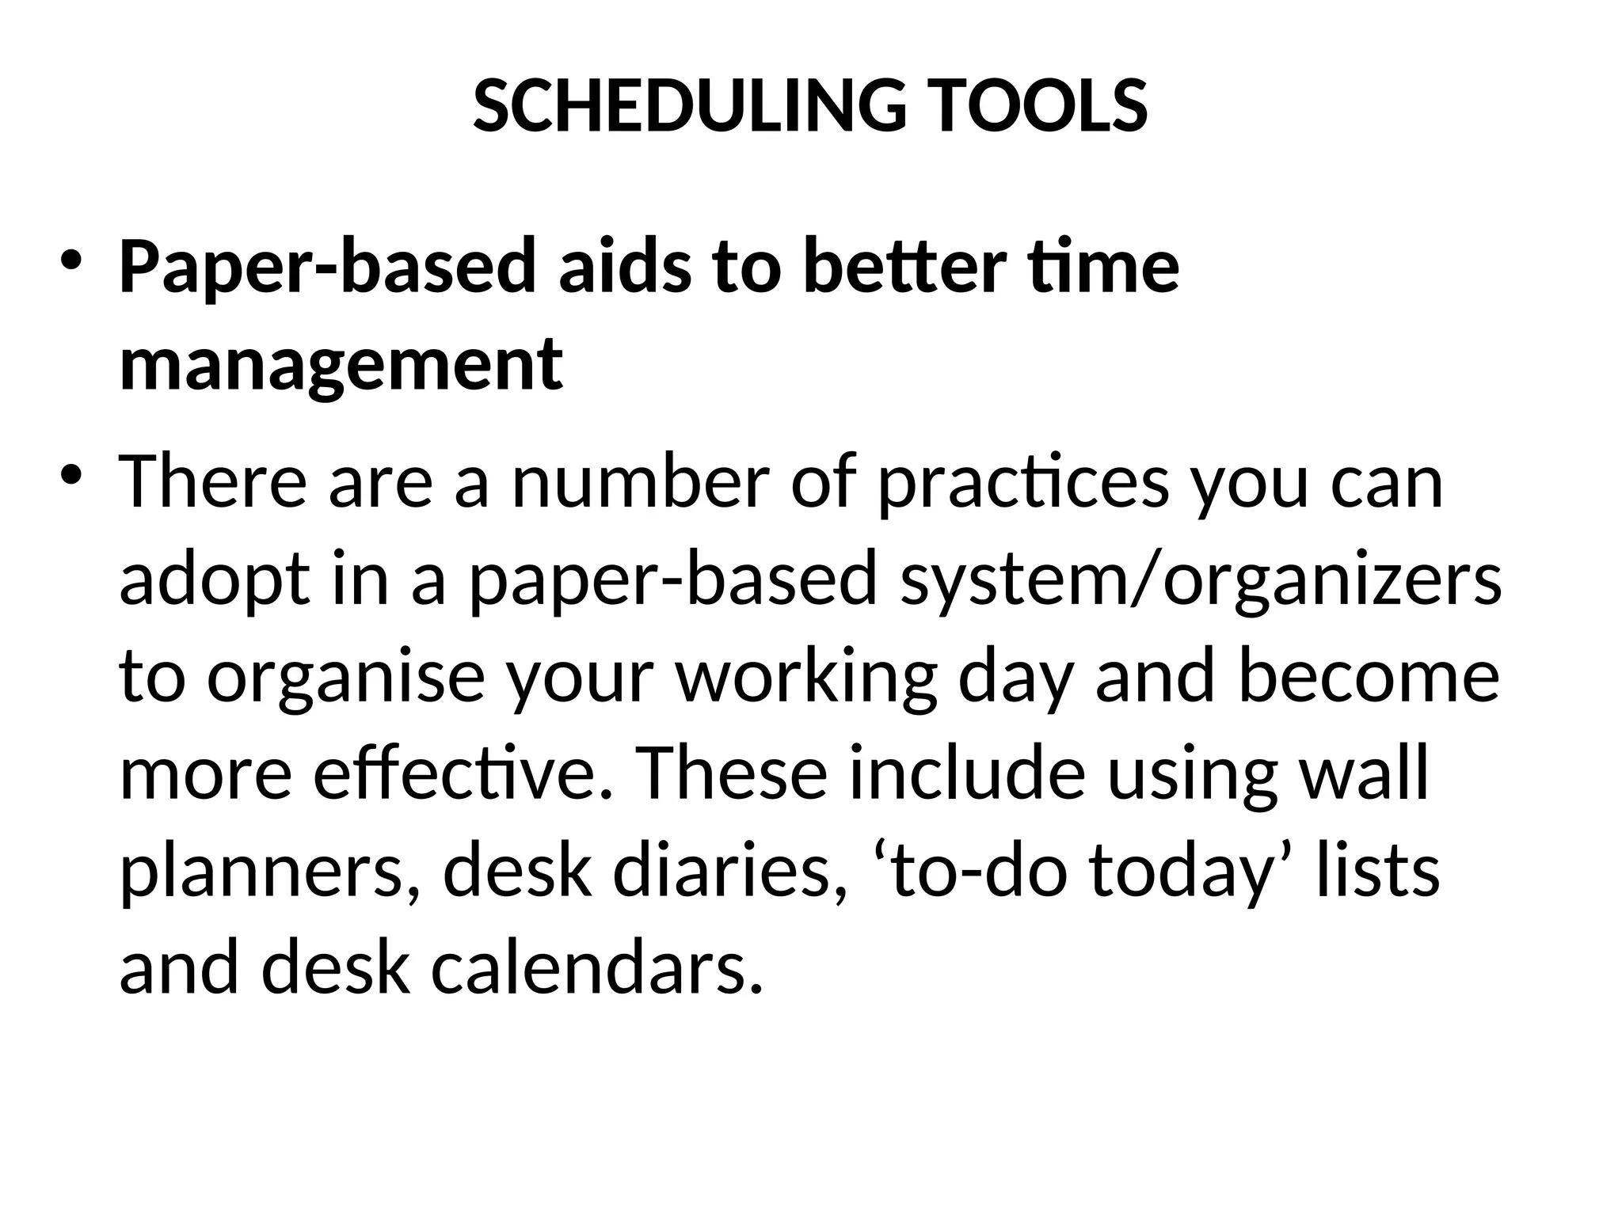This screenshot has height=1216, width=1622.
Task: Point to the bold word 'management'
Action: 341,365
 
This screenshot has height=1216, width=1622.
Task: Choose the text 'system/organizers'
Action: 1201,582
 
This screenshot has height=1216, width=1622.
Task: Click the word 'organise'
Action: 345,679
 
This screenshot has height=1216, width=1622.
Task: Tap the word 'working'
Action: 807,679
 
